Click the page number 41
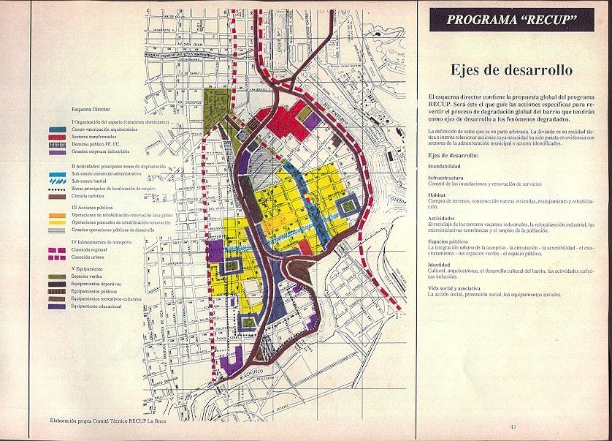(515, 427)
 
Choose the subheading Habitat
(438, 195)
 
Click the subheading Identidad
(440, 265)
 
